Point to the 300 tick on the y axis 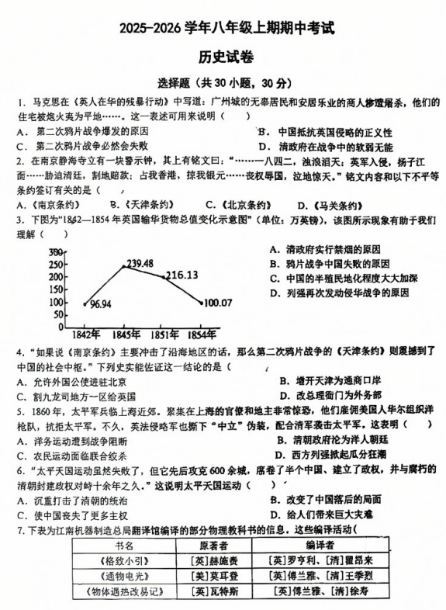pyautogui.click(x=56, y=252)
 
